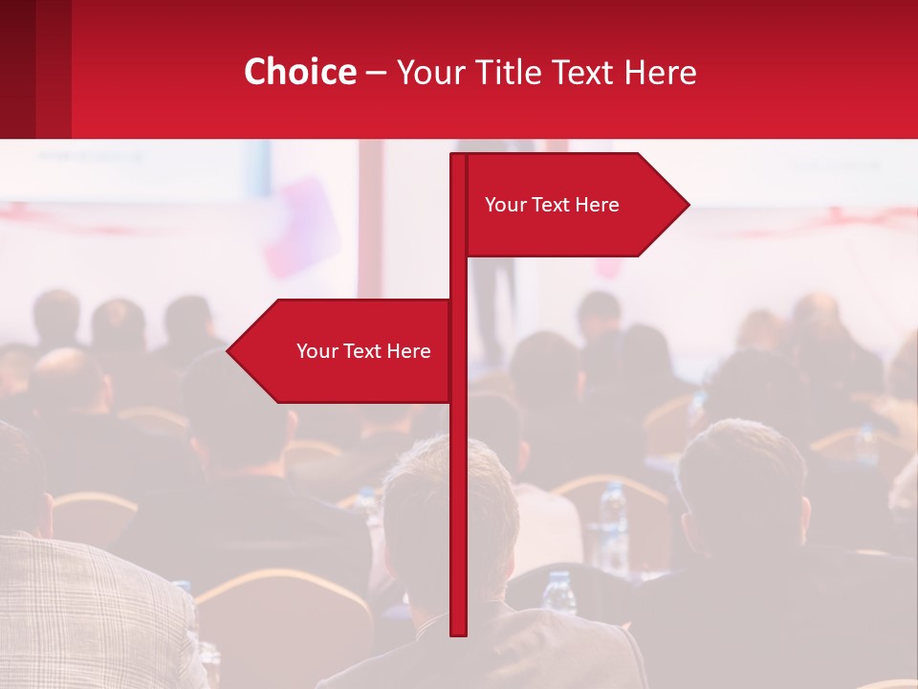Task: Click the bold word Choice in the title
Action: click(299, 72)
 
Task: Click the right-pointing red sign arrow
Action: click(574, 205)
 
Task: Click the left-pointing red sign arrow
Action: click(344, 351)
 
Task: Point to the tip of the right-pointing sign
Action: click(688, 204)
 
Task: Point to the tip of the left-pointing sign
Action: click(229, 351)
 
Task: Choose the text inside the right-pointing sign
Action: click(552, 205)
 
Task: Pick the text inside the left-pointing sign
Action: click(363, 351)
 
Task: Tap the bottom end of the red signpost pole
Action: click(458, 632)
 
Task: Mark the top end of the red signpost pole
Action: click(458, 157)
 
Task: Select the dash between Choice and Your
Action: click(376, 72)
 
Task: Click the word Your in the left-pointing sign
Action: click(317, 351)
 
